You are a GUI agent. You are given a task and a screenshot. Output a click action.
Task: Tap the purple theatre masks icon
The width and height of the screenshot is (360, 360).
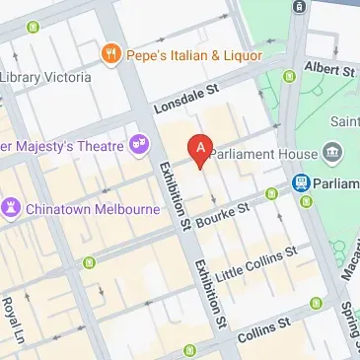139,146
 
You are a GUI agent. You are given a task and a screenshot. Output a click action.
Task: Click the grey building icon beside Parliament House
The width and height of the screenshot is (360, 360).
332,154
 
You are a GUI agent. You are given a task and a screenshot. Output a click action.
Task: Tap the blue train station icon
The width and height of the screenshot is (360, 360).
302,182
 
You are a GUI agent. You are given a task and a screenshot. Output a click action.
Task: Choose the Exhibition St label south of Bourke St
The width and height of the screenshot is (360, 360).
210,293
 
